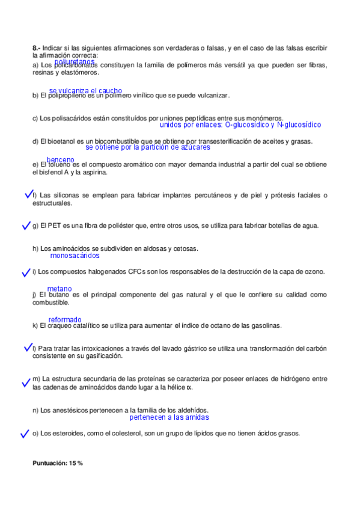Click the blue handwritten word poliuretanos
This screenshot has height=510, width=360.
pyautogui.click(x=75, y=61)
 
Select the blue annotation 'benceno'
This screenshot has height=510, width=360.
pyautogui.click(x=60, y=160)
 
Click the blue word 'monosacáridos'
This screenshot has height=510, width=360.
pyautogui.click(x=75, y=256)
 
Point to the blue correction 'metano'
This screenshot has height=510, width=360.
pyautogui.click(x=59, y=289)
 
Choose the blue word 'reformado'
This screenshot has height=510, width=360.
pyautogui.click(x=65, y=319)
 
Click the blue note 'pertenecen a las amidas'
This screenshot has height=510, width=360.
pyautogui.click(x=169, y=417)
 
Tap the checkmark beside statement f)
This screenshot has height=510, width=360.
pyautogui.click(x=28, y=194)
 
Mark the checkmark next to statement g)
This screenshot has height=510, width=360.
pyautogui.click(x=25, y=226)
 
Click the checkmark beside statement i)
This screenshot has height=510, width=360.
pyautogui.click(x=25, y=272)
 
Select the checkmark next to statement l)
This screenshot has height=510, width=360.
pyautogui.click(x=28, y=348)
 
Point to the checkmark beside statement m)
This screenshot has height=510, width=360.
pyautogui.click(x=25, y=382)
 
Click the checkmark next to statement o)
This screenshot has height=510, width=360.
pyautogui.click(x=25, y=433)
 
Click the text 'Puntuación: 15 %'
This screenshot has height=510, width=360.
pyautogui.click(x=58, y=463)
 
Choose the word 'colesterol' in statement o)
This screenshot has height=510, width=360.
pyautogui.click(x=105, y=433)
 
